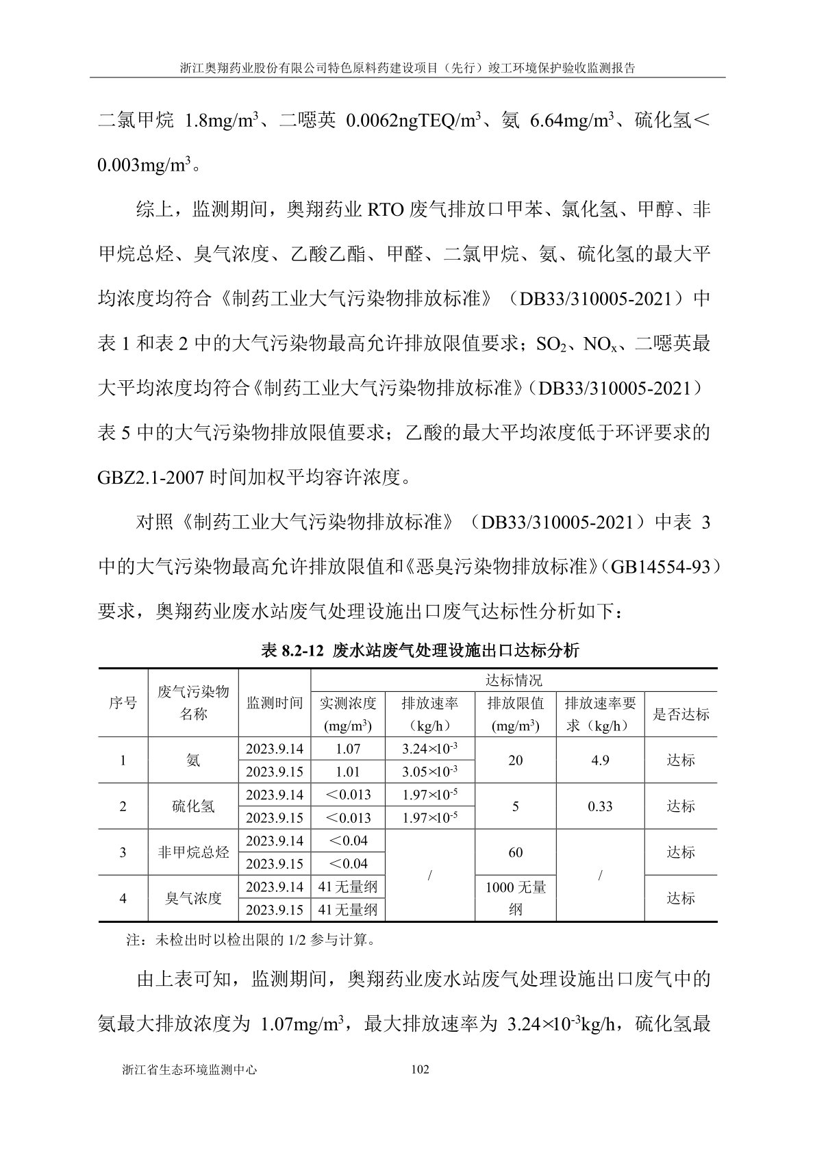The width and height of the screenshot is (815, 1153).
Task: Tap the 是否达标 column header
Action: [x=681, y=715]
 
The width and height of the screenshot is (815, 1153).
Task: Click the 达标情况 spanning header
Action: [x=514, y=680]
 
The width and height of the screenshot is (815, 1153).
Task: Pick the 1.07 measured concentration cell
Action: [x=348, y=749]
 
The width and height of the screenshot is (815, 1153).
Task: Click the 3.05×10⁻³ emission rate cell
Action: [x=429, y=771]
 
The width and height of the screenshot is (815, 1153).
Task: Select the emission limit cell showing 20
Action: [x=516, y=760]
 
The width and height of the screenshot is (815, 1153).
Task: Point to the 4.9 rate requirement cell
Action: [x=600, y=760]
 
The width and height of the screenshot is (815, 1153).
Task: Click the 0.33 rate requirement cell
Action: [x=600, y=806]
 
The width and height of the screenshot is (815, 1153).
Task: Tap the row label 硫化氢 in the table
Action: [x=193, y=806]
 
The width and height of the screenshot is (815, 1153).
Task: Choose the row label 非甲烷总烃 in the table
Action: [x=193, y=852]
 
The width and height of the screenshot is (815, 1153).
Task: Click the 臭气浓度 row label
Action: [x=193, y=898]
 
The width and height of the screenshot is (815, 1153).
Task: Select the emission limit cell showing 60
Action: [x=516, y=852]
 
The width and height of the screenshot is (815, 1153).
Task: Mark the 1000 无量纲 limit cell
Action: [x=516, y=898]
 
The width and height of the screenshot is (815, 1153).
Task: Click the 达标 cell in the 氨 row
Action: [x=681, y=760]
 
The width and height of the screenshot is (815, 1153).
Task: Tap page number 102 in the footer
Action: [x=419, y=1069]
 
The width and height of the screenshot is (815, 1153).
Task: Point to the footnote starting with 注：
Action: [x=251, y=940]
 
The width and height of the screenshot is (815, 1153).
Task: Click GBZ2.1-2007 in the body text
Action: [x=151, y=477]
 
